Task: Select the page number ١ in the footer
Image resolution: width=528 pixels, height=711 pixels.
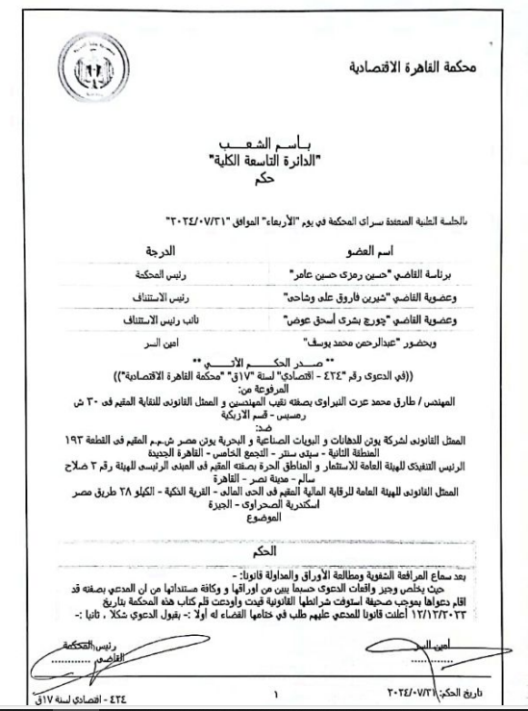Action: click(274, 690)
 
